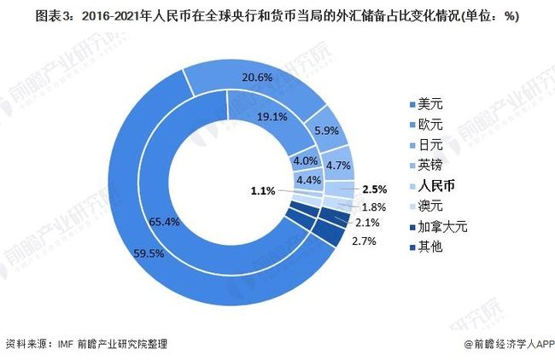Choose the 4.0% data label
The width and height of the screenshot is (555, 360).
click(304, 160)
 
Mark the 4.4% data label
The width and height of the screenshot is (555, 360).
click(308, 180)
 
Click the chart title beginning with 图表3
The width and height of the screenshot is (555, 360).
click(277, 16)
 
